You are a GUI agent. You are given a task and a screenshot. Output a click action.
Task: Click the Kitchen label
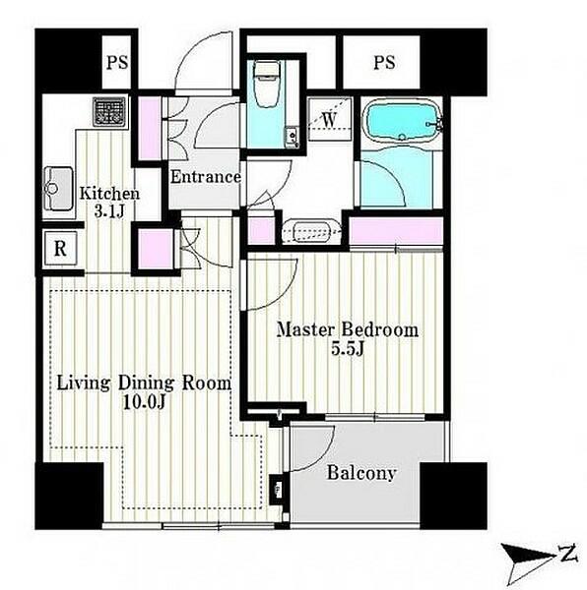(109, 194)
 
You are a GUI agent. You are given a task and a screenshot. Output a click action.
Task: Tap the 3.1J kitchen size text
(109, 212)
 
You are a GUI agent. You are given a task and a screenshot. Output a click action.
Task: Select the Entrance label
(205, 177)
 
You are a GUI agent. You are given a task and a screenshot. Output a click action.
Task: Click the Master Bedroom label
(348, 330)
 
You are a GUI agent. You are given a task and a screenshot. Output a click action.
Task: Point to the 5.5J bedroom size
(348, 349)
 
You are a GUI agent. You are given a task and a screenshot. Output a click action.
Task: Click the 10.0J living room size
(144, 402)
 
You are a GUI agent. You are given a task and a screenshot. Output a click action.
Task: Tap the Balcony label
(361, 473)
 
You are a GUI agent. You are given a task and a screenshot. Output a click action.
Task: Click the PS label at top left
(117, 63)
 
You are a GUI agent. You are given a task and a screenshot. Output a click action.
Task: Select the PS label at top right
(384, 63)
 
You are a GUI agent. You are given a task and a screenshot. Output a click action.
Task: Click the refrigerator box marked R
(61, 249)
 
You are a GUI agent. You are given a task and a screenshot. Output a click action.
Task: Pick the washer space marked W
(330, 119)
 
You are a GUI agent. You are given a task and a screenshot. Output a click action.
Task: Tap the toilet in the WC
(266, 84)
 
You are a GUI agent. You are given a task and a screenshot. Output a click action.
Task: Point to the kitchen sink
(58, 189)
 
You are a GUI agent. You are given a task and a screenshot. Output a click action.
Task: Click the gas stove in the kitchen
(109, 112)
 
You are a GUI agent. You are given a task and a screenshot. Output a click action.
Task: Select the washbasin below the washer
(311, 231)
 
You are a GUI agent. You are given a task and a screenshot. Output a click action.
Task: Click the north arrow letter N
(568, 554)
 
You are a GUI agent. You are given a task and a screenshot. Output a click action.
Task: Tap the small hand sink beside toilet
(292, 137)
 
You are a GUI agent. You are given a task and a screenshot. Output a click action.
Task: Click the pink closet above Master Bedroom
(396, 231)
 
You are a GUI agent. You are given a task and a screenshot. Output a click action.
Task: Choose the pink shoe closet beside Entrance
(150, 128)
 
